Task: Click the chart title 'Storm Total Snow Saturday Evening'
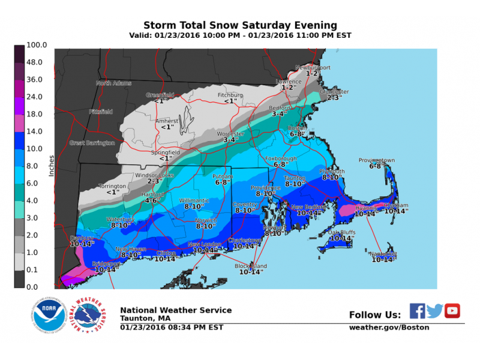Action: pos(240,25)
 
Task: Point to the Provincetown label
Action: pos(377,161)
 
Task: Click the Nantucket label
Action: pos(384,254)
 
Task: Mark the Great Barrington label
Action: pos(92,143)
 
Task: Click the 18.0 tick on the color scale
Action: pos(35,113)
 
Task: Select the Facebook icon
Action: pos(418,310)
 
